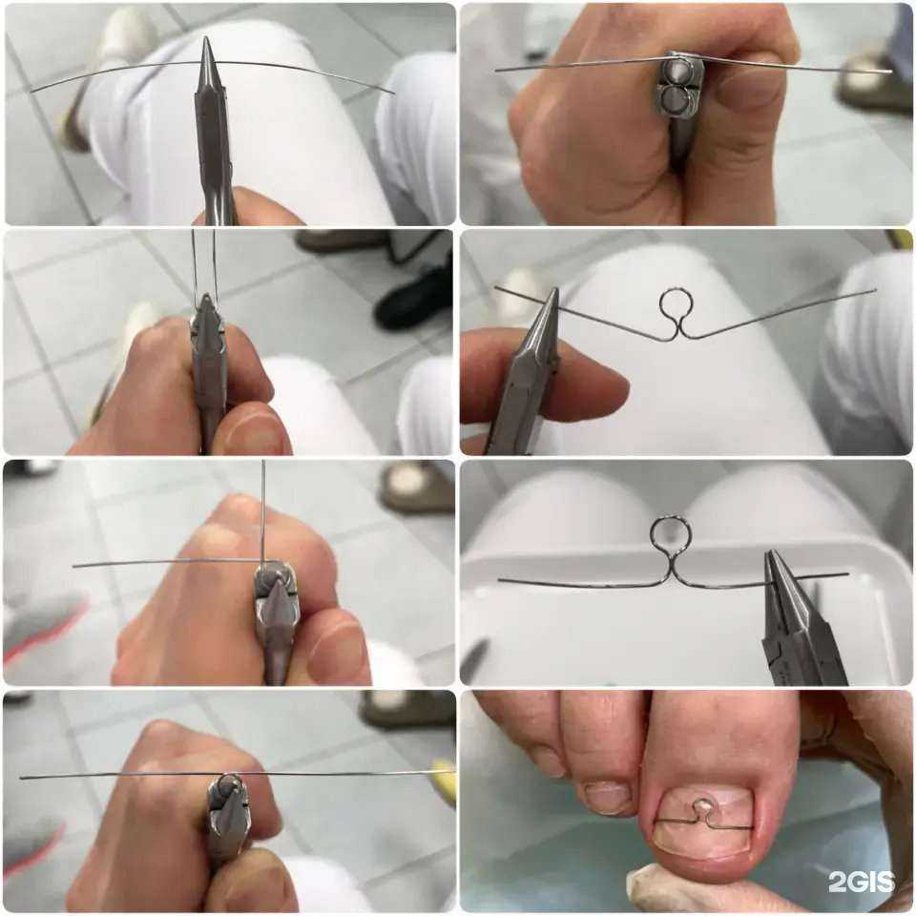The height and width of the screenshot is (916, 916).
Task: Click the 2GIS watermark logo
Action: (861, 882)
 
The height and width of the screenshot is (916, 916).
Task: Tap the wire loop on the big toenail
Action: (698, 809)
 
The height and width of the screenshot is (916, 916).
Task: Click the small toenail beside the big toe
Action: (608, 797)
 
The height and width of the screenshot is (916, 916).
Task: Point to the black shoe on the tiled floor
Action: (412, 299)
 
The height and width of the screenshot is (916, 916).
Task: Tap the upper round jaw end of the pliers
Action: (678, 72)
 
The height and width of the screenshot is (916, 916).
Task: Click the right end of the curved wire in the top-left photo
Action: (392, 93)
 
